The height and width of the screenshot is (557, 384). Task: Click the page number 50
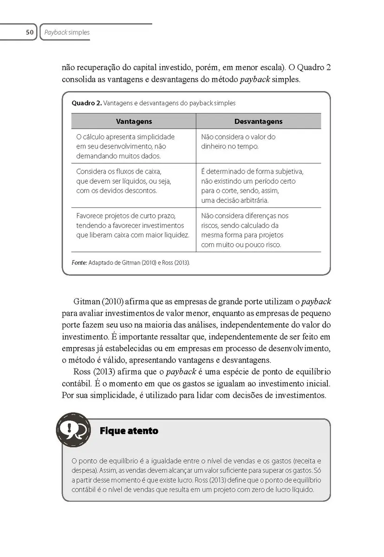point(29,32)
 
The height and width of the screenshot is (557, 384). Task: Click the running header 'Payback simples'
point(67,32)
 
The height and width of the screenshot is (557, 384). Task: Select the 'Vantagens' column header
point(134,121)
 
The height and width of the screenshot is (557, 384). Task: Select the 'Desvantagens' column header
point(258,121)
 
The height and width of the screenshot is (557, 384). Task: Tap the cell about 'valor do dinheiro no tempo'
point(238,142)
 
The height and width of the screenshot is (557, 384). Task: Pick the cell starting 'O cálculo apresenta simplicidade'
point(125,146)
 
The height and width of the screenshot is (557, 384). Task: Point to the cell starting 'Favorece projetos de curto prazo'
point(133,225)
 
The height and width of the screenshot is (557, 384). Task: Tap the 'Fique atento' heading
point(129,431)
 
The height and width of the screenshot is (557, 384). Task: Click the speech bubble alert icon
point(73,430)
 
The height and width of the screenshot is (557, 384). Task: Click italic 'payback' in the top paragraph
point(254,79)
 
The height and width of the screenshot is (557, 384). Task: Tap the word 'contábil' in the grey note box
point(83,490)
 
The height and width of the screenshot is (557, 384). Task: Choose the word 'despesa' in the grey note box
point(82,469)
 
